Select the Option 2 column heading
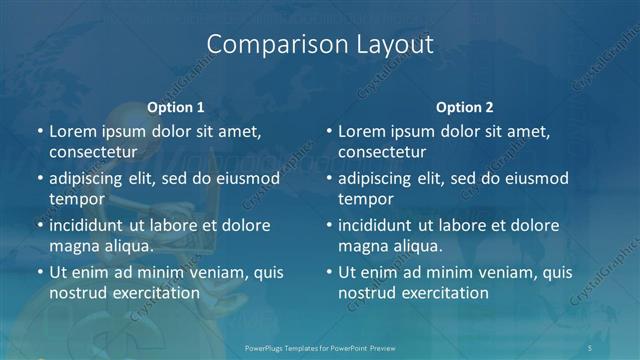click(x=465, y=106)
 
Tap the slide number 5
click(x=591, y=346)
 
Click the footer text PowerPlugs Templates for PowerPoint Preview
click(x=320, y=346)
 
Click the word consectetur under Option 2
click(x=382, y=152)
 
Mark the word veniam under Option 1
click(x=212, y=272)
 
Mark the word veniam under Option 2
click(x=502, y=272)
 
